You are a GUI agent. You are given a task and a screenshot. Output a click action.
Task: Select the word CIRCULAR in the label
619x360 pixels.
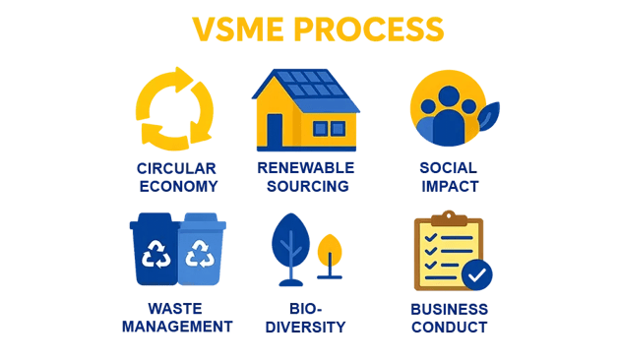coord(178,167)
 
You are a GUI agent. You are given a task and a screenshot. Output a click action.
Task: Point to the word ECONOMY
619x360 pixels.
coord(178,185)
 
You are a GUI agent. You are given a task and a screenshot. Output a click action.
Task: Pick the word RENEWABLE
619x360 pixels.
coord(305,167)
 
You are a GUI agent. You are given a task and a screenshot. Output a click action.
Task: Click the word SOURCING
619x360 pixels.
coord(305,185)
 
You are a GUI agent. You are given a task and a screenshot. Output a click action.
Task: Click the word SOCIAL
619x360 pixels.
coord(448,167)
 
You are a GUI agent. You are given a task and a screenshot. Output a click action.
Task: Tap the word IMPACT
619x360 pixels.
coord(448,185)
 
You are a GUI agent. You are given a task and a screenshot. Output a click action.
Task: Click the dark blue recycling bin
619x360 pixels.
coord(155,254)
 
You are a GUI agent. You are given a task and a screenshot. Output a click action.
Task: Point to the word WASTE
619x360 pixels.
coord(176,308)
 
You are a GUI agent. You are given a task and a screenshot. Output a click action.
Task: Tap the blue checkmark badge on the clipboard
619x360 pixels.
coord(477,275)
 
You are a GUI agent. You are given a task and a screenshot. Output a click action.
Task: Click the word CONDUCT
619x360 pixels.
coord(448,327)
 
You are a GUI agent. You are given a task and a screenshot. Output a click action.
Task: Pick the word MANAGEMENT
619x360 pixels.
coord(177,327)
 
